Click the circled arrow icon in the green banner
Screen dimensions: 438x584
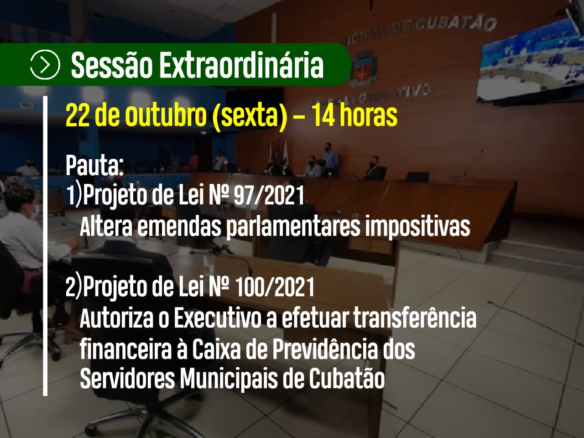[x=45, y=64]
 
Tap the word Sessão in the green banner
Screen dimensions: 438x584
[x=111, y=65]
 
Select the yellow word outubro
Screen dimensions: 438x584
[x=166, y=115]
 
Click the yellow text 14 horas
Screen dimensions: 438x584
[x=355, y=115]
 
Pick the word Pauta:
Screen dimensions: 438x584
[x=94, y=165]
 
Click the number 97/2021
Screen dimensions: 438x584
[x=269, y=196]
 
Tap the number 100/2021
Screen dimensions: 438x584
[x=275, y=287]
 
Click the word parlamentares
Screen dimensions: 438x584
[x=293, y=227]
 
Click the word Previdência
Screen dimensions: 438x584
[x=325, y=349]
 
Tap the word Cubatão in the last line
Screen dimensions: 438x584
[x=347, y=379]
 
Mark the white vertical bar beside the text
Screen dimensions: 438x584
[x=45, y=246]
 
